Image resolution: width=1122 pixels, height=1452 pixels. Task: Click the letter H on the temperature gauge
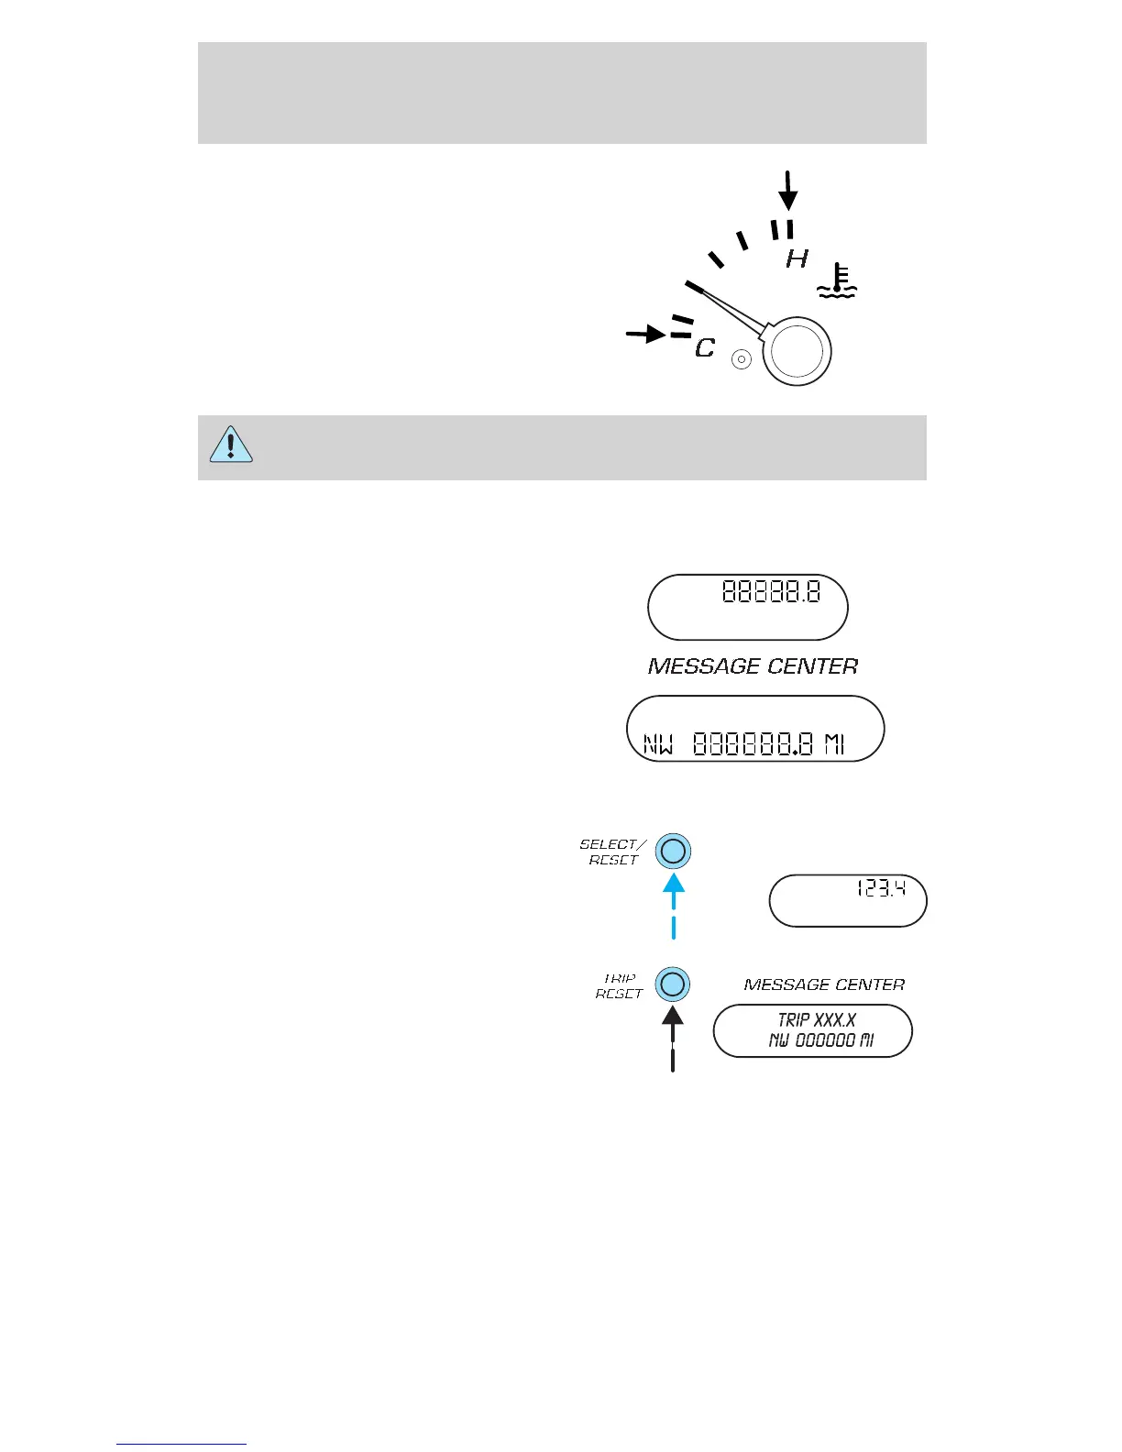click(x=797, y=259)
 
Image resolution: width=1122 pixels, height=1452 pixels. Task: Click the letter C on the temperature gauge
click(x=704, y=348)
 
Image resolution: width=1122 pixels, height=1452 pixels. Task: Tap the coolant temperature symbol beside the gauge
click(x=836, y=281)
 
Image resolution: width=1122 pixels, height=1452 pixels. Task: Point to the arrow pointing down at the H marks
click(x=787, y=191)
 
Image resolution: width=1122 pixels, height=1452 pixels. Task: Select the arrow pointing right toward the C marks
click(x=646, y=334)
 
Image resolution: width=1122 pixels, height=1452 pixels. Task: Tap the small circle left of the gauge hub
click(x=742, y=359)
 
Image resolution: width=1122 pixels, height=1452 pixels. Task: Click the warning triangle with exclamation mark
click(x=231, y=445)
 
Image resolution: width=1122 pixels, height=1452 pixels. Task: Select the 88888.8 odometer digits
click(x=771, y=591)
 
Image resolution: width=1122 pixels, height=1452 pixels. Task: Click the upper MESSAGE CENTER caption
click(x=753, y=666)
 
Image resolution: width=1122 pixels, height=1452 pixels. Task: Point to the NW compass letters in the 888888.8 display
click(x=658, y=744)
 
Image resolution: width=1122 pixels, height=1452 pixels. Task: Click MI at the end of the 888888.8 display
click(x=834, y=744)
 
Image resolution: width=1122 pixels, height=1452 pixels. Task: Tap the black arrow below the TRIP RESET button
click(x=673, y=1037)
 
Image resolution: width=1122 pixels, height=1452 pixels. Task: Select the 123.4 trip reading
click(x=881, y=888)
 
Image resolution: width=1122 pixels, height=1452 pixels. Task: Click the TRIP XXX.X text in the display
click(x=817, y=1020)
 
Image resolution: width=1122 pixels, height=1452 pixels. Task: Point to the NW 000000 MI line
click(x=820, y=1040)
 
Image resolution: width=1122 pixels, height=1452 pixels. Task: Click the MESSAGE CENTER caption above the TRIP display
click(x=824, y=984)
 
